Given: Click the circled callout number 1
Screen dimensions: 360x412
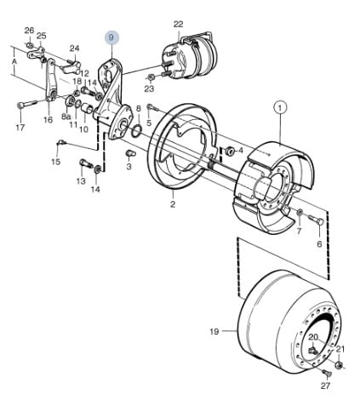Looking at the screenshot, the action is (280, 108).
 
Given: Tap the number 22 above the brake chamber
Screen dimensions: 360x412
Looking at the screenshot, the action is (178, 24).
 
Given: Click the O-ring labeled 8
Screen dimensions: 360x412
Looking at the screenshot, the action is (136, 130).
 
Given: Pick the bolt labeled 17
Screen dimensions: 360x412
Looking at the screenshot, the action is (26, 104).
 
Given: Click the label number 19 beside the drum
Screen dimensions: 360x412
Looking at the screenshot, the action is (214, 331).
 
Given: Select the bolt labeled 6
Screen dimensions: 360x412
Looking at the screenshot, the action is (316, 220).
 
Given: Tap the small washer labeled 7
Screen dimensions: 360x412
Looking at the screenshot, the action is (300, 212).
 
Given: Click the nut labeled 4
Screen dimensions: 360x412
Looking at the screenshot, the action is (229, 151).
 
